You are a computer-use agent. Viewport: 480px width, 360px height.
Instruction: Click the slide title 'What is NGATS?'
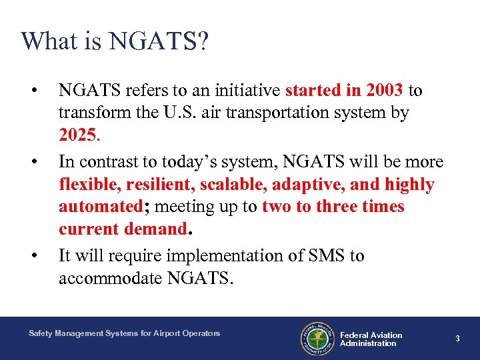(x=115, y=41)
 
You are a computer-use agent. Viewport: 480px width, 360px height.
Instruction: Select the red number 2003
(x=385, y=90)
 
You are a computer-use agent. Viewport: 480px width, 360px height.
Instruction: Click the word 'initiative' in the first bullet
(x=247, y=90)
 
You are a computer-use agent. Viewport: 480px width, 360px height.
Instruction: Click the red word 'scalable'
(x=222, y=185)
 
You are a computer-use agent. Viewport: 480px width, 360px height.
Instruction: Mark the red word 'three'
(x=337, y=207)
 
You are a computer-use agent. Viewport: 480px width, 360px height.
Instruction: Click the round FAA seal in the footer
(x=317, y=339)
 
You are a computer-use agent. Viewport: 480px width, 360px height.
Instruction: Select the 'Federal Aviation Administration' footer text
(x=371, y=339)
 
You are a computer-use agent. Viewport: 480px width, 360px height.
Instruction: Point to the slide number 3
(x=457, y=339)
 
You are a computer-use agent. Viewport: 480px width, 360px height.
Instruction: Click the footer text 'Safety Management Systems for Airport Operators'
(x=124, y=333)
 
